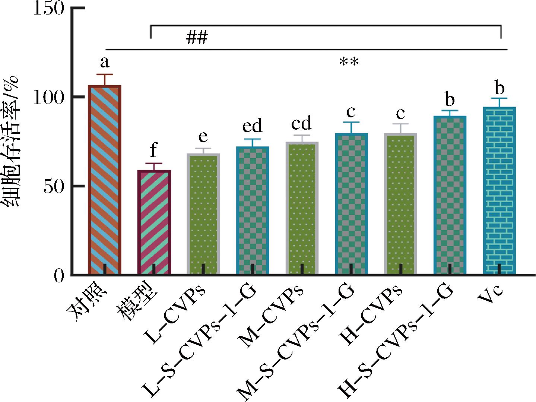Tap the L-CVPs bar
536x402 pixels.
coord(203,214)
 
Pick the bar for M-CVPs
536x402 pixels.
coord(302,209)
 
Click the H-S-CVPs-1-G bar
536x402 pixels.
coord(450,195)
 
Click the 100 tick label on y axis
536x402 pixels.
coord(49,98)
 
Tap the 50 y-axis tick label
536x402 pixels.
coord(54,186)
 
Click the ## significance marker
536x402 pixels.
coord(197,37)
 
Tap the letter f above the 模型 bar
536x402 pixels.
coord(153,151)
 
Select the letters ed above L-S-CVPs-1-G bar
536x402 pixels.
coord(252,126)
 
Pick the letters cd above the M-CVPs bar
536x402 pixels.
coord(301,123)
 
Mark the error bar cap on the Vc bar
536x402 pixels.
coord(499,98)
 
